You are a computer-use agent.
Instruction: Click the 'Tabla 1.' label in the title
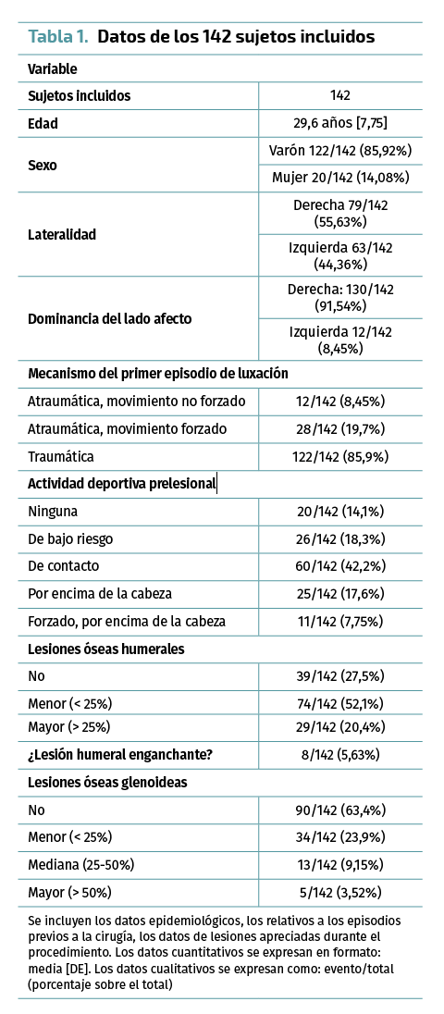coord(59,37)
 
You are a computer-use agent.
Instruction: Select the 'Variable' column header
coord(53,68)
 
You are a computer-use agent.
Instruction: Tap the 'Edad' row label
coord(43,124)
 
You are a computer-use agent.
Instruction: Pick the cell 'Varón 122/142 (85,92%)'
coord(340,151)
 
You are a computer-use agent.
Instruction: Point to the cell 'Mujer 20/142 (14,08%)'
coord(340,178)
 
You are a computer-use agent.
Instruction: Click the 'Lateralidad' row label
coord(62,235)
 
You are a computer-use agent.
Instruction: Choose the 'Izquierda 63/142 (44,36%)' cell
coord(340,255)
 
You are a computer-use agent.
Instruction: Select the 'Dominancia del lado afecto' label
coord(110,319)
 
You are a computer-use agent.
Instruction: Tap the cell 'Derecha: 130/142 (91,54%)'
coord(340,297)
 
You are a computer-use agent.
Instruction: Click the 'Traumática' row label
coord(61,456)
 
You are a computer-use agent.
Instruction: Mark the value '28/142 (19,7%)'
coord(340,428)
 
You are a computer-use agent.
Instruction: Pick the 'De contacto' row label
coord(63,566)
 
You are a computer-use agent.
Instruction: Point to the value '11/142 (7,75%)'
coord(340,622)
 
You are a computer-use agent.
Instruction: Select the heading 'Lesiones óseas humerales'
coord(106,649)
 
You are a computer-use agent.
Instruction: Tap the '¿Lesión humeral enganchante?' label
coord(111,754)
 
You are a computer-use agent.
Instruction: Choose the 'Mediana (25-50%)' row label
coord(80,865)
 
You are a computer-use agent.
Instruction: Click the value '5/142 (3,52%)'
coord(340,893)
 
